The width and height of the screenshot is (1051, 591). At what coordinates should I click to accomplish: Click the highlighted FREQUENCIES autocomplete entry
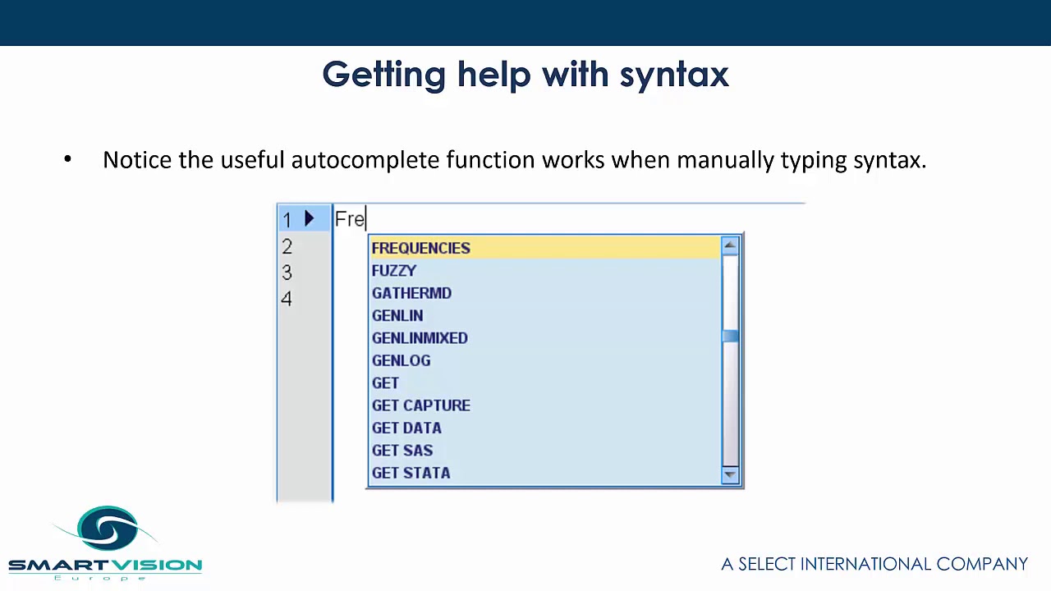click(x=420, y=248)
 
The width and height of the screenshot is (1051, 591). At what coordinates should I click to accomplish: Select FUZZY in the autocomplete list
click(x=394, y=271)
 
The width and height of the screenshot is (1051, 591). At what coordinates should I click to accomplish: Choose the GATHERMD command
click(x=411, y=293)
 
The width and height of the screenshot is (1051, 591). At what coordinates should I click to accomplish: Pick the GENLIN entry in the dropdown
click(x=397, y=316)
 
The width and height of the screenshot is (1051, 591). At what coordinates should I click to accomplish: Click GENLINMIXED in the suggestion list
click(x=420, y=338)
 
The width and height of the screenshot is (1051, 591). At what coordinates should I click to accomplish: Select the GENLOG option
click(x=401, y=360)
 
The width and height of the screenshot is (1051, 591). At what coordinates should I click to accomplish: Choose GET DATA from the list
click(x=406, y=428)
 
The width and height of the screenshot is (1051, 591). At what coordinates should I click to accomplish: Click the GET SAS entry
click(x=402, y=451)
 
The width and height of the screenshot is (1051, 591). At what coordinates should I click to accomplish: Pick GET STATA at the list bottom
click(x=411, y=473)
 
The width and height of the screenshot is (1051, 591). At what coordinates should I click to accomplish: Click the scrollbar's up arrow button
click(x=730, y=245)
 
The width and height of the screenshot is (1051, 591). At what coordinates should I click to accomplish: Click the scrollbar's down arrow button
click(x=730, y=475)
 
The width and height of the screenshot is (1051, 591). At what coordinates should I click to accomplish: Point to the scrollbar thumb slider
click(x=730, y=337)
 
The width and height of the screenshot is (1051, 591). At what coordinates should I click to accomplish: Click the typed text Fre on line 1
click(x=350, y=219)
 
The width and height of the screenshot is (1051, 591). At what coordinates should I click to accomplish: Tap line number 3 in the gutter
click(x=287, y=273)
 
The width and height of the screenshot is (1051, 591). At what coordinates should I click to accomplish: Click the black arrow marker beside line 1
click(x=309, y=218)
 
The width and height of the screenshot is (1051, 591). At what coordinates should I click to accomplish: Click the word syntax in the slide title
click(x=674, y=75)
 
